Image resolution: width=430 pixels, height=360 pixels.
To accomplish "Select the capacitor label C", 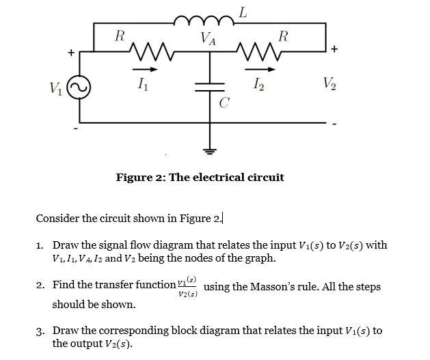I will click(x=224, y=103).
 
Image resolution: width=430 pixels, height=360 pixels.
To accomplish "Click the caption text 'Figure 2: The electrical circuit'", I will click(x=200, y=178).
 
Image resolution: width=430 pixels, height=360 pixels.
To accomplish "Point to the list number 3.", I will click(x=40, y=331).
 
